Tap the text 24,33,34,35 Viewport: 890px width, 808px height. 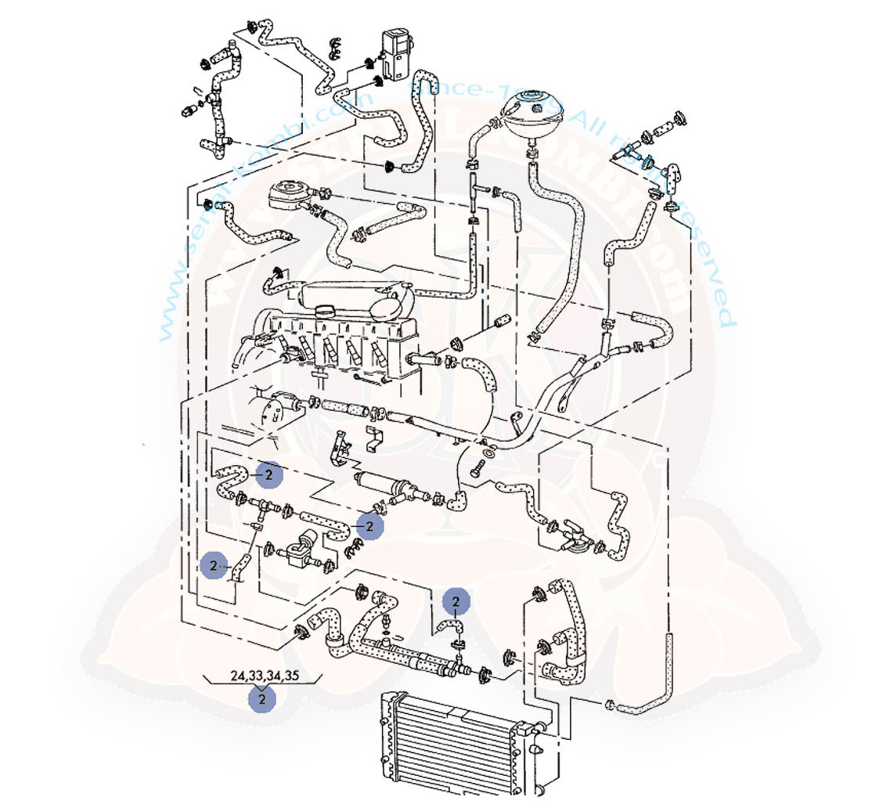265,676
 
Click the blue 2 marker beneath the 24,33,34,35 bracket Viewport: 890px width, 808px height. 262,698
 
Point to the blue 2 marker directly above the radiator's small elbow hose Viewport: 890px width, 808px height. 456,602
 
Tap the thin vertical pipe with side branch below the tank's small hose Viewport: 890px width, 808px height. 474,196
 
